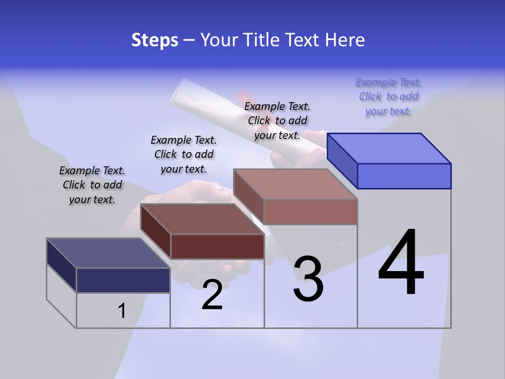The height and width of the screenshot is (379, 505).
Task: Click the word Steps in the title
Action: tap(155, 40)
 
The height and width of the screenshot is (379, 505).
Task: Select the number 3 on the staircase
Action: tap(308, 279)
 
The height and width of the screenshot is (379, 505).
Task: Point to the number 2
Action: tap(212, 295)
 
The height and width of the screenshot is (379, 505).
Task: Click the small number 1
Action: tap(122, 311)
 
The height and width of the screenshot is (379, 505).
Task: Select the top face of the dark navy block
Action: tap(108, 253)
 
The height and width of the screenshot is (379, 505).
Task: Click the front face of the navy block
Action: tap(123, 280)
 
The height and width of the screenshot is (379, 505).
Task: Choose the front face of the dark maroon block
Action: tap(217, 246)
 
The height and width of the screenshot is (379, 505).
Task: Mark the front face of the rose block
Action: tap(310, 212)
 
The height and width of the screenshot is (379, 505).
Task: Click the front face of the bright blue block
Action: tap(404, 176)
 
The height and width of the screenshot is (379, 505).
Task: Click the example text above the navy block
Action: tap(92, 185)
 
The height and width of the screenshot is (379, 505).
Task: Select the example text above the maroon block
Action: tap(184, 154)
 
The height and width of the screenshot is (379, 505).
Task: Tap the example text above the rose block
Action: tap(277, 121)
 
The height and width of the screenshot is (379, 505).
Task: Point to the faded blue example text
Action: tap(388, 96)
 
